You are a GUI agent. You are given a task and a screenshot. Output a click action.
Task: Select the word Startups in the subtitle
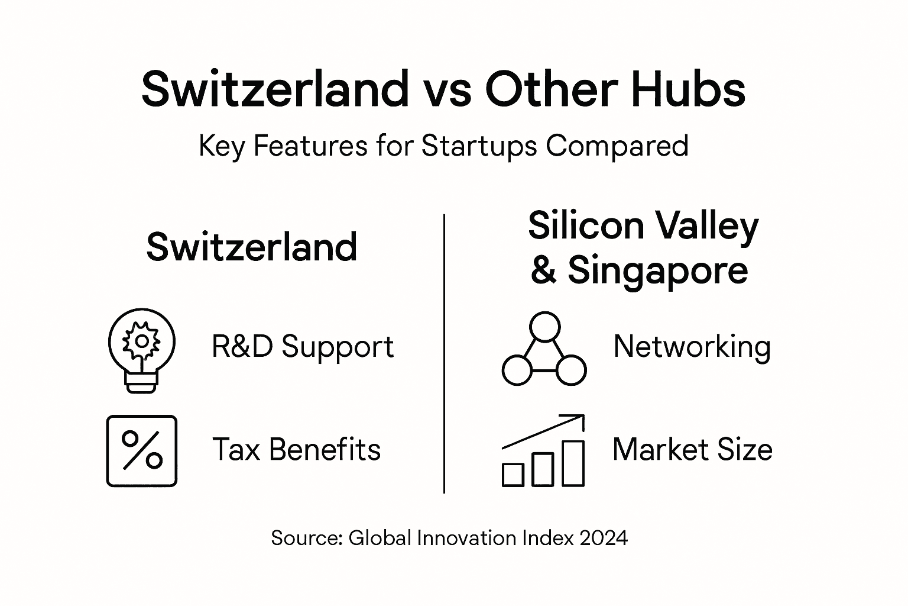click(479, 146)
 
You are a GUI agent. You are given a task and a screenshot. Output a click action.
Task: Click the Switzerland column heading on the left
click(252, 247)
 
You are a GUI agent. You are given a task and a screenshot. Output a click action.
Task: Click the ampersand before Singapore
click(543, 270)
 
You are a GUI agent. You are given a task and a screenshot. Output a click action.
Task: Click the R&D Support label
click(303, 346)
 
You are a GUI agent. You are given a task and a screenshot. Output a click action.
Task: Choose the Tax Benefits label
click(296, 449)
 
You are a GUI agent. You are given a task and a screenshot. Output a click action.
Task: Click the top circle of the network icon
click(544, 326)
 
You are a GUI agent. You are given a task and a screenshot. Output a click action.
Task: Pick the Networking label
click(692, 346)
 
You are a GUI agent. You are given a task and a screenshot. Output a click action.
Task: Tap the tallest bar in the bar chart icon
click(573, 463)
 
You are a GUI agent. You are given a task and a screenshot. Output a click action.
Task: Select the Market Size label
click(692, 449)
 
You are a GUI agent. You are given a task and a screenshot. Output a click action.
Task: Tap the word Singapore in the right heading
click(658, 270)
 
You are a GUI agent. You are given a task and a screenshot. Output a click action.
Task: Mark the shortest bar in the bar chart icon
click(513, 475)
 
